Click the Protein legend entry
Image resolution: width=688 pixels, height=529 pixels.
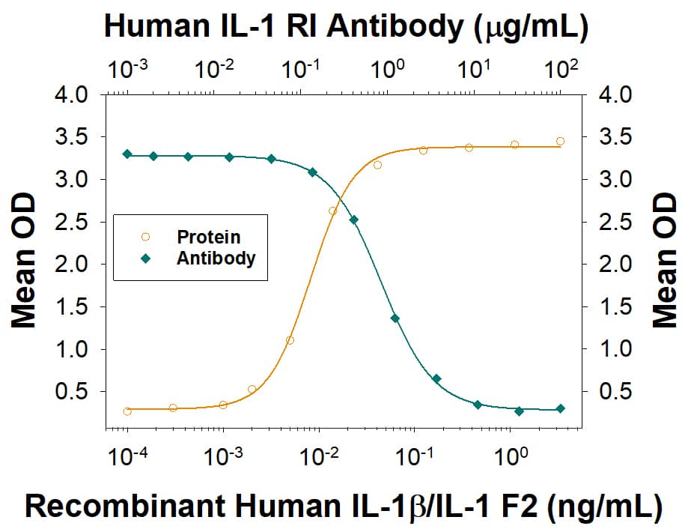tap(208, 237)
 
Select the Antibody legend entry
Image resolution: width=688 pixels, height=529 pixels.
tap(216, 259)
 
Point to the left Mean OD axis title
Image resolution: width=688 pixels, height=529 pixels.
tap(24, 264)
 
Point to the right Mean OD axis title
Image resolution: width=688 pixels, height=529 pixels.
tap(663, 264)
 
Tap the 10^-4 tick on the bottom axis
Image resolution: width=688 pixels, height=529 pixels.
tap(126, 455)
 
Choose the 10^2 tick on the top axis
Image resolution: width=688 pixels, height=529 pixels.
tap(560, 70)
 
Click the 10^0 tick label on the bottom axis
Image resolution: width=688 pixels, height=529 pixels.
tap(510, 455)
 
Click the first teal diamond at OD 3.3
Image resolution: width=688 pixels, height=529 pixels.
tap(127, 154)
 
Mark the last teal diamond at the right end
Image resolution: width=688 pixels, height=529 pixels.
tap(560, 408)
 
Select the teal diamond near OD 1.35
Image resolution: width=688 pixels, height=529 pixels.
tap(395, 318)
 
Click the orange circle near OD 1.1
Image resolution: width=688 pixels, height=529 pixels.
tap(290, 340)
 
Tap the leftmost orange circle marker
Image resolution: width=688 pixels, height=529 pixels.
tap(127, 411)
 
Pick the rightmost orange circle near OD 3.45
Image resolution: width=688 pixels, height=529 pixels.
tap(560, 141)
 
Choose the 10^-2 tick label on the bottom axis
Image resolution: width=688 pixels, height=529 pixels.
tap(318, 455)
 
